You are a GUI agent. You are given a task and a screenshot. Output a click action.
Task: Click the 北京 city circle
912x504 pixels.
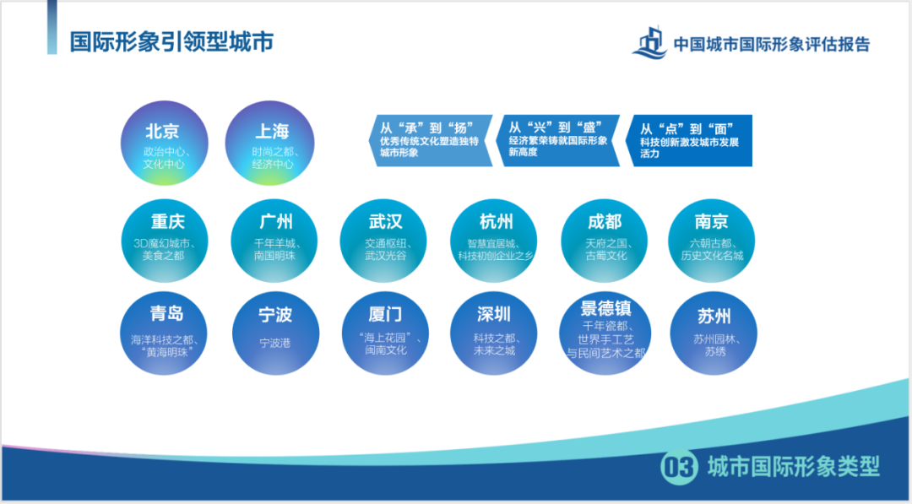(x=164, y=144)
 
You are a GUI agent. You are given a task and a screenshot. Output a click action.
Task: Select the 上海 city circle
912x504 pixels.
(x=272, y=144)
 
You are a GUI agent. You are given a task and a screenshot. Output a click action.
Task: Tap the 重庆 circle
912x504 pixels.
(x=166, y=236)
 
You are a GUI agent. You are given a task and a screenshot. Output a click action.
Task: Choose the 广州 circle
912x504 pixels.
(x=276, y=236)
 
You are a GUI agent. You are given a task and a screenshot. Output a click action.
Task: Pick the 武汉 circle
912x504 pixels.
(x=385, y=236)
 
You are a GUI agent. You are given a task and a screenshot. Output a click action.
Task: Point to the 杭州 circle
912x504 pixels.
(x=496, y=236)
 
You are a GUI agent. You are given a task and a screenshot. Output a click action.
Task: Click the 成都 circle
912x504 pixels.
(x=605, y=236)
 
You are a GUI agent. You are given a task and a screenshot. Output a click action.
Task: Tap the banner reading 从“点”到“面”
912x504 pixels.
(x=688, y=140)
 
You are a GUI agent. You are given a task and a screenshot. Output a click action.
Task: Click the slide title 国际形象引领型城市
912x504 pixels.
(x=171, y=42)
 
